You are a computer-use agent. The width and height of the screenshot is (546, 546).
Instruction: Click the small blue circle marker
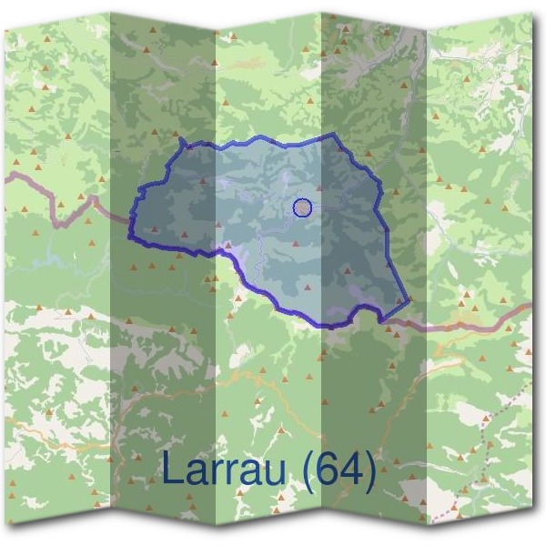click(303, 208)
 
